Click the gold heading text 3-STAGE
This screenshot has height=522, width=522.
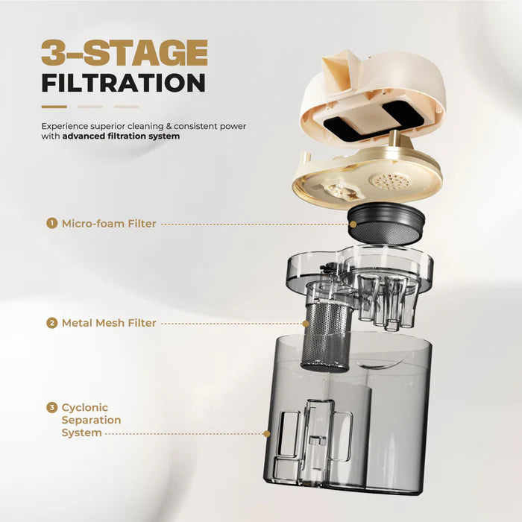click(x=125, y=53)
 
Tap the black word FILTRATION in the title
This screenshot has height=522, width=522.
click(x=124, y=83)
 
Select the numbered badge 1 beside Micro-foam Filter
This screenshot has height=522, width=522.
click(x=51, y=223)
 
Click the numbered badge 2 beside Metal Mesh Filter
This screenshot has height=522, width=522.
click(x=51, y=323)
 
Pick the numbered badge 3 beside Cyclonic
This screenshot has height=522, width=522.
click(x=51, y=407)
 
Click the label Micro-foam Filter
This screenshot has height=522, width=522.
click(x=109, y=224)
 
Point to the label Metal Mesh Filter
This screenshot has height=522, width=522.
click(x=109, y=323)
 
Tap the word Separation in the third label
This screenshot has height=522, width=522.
click(x=91, y=420)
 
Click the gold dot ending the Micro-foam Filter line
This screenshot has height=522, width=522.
click(x=353, y=224)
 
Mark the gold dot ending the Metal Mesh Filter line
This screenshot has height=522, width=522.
click(x=306, y=324)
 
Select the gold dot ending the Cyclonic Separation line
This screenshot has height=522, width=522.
click(x=267, y=434)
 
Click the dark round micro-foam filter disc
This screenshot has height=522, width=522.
click(x=386, y=224)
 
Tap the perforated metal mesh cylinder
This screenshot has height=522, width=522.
click(x=325, y=336)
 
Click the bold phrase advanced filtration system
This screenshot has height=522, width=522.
click(x=121, y=136)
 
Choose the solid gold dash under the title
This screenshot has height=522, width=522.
click(x=54, y=107)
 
